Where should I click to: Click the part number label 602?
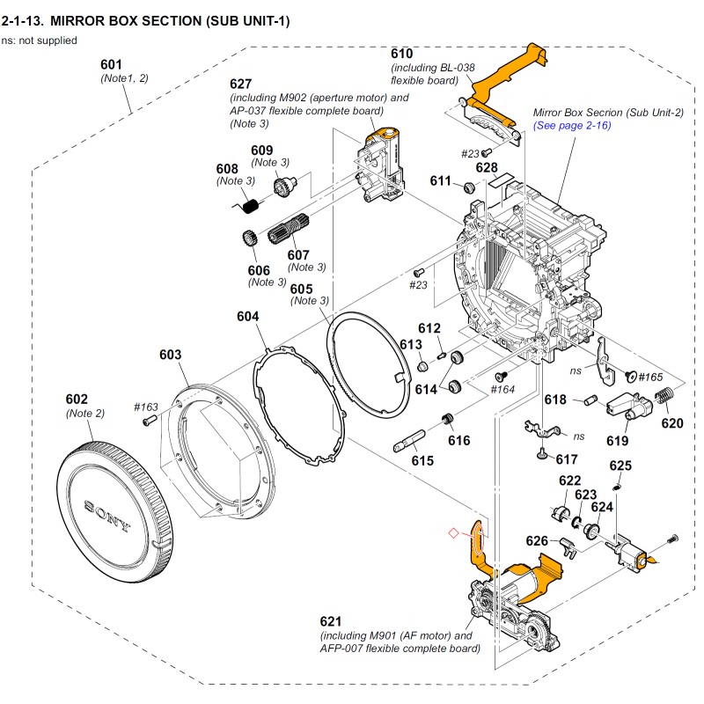[x=77, y=399]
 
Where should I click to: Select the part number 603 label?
[x=170, y=355]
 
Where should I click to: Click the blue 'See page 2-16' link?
[x=572, y=126]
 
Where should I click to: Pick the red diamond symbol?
[x=453, y=532]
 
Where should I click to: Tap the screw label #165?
[x=651, y=377]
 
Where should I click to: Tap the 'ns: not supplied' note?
[x=39, y=40]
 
